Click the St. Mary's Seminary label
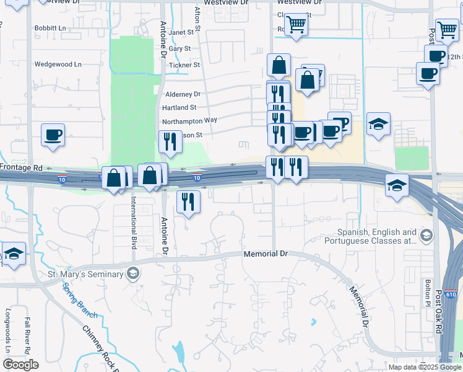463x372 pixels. [x=85, y=274]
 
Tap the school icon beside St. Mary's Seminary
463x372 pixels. [x=132, y=274]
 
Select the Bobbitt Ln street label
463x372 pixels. [x=50, y=29]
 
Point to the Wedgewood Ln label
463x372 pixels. [x=58, y=64]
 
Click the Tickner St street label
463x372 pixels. [x=184, y=64]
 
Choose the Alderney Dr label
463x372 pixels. [x=183, y=94]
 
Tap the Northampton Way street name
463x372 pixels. [x=189, y=120]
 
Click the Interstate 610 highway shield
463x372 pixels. [x=451, y=293]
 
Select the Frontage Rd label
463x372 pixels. [x=22, y=168]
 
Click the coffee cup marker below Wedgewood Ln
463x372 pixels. [x=53, y=136]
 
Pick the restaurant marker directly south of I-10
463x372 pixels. [x=188, y=202]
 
